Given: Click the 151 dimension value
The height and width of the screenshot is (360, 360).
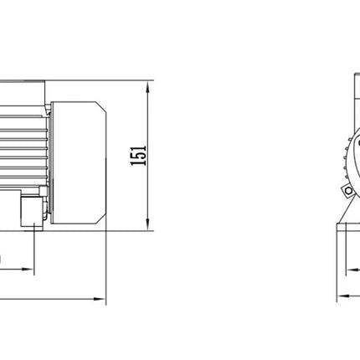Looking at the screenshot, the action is coord(139,156).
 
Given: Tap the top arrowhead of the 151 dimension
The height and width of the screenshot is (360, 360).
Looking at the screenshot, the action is coord(148,87).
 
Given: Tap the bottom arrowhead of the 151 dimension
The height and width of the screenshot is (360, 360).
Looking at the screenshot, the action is coord(148,224).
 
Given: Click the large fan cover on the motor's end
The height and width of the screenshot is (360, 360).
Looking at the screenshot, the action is coord(79,162).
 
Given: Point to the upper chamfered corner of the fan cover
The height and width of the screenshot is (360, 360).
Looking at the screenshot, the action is coord(101,106).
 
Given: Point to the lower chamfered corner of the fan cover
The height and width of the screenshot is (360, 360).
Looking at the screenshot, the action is coord(101,219).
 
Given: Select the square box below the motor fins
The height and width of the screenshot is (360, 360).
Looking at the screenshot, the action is coord(32,212).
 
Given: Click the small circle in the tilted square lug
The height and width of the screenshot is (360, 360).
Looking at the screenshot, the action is coord(348,191).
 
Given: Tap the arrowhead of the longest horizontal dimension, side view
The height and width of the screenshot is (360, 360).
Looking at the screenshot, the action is coord(100,299).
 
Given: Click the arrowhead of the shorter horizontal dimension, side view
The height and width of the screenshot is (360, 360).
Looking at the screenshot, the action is coord(28,270).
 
